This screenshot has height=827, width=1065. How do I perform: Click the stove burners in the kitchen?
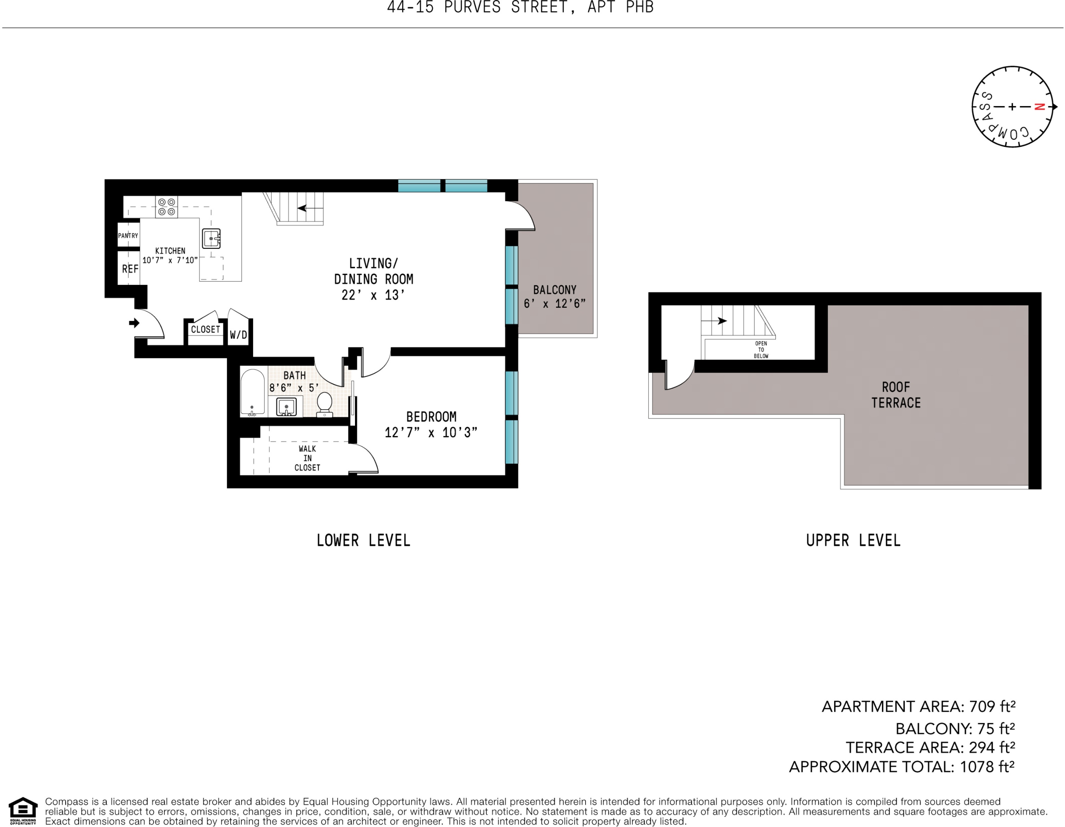(x=166, y=207)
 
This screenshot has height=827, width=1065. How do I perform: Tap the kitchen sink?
(x=211, y=239)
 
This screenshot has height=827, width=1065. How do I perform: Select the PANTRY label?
(x=128, y=235)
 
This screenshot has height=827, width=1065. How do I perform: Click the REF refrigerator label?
(x=130, y=269)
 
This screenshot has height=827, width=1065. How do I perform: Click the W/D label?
(x=239, y=335)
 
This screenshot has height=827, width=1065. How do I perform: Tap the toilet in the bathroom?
(x=324, y=405)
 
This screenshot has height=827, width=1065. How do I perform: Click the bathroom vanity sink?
(x=286, y=407)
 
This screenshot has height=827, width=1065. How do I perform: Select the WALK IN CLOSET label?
(x=307, y=458)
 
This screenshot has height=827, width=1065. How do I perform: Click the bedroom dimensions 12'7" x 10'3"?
(x=431, y=433)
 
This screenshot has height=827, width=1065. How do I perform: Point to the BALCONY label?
(x=555, y=290)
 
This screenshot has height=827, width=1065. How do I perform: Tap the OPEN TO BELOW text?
(x=761, y=350)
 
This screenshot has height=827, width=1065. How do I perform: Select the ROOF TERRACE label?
(x=896, y=395)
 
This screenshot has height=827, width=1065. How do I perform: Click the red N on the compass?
(x=1039, y=106)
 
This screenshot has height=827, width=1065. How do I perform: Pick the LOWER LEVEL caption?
(x=363, y=540)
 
